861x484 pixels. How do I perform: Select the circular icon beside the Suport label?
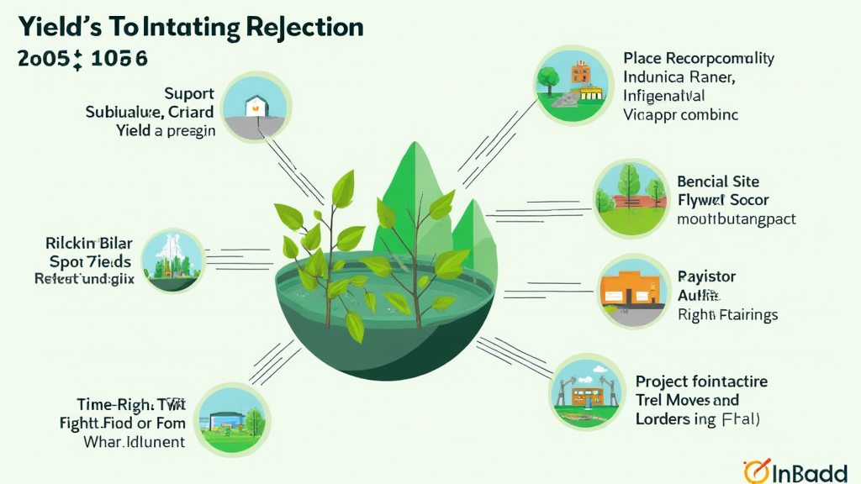[256, 107]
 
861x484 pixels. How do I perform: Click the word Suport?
[189, 93]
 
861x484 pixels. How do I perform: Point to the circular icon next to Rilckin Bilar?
[172, 259]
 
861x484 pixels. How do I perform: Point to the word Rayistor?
[706, 276]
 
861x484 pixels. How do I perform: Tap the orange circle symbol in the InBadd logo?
[756, 471]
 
